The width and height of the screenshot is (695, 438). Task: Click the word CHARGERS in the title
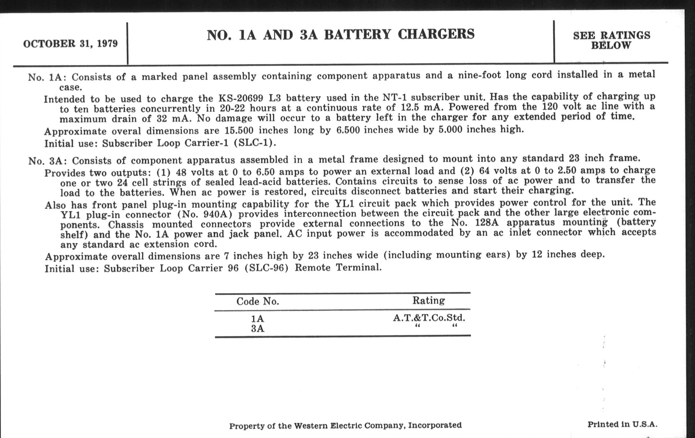click(436, 34)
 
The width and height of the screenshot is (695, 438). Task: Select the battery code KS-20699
click(241, 98)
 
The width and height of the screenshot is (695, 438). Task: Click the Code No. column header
click(257, 301)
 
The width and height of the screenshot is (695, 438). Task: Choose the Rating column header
click(429, 301)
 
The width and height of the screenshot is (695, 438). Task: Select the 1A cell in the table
click(257, 319)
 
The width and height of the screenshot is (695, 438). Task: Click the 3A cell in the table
click(257, 329)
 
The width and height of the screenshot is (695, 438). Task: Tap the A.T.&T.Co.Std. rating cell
click(429, 318)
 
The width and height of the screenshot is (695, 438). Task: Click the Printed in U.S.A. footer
click(622, 425)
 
